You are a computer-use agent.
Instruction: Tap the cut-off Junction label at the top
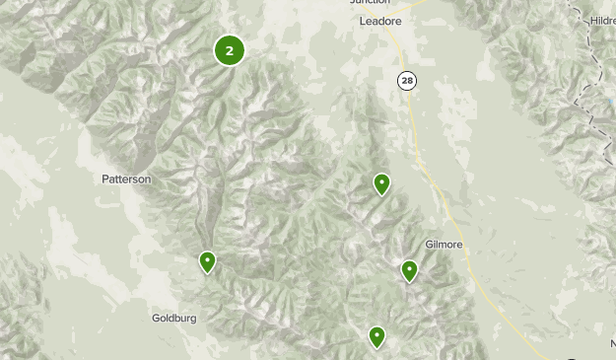[x=371, y=3]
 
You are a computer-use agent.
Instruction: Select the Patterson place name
[x=127, y=180]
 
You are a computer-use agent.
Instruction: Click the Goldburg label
[x=174, y=319]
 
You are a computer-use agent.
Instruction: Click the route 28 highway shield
[x=407, y=80]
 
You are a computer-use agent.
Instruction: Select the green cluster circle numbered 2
[x=229, y=50]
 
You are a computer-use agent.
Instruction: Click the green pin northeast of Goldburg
[x=207, y=261]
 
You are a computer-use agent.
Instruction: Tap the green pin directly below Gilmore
[x=409, y=270]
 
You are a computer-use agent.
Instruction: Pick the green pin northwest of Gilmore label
[x=381, y=183]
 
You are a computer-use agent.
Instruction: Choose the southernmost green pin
[x=376, y=337]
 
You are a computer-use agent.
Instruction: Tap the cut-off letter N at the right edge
[x=611, y=343]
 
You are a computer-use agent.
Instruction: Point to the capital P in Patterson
[x=105, y=180]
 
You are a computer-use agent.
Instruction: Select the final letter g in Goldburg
[x=193, y=320]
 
